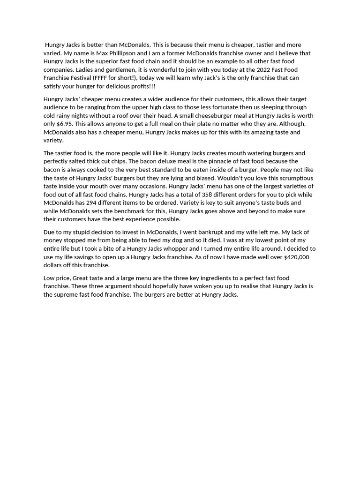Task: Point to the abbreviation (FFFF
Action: click(102, 78)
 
